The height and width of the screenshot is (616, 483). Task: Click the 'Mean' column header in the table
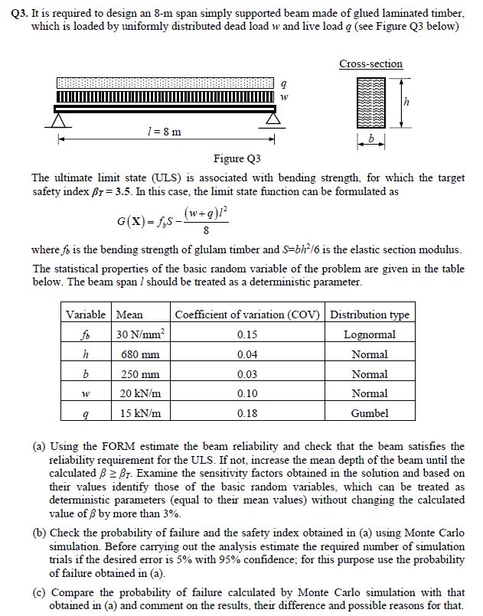[x=129, y=315]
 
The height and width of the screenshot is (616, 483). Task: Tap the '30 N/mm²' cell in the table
[x=140, y=334]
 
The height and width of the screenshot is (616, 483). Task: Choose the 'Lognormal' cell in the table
[x=369, y=334]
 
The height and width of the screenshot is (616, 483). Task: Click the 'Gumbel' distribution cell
[x=369, y=413]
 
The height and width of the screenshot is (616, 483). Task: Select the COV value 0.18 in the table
[x=247, y=413]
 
